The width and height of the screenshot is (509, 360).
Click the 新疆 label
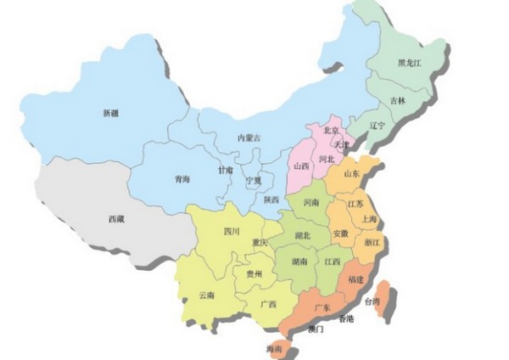point(110,112)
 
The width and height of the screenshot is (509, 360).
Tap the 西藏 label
point(115,219)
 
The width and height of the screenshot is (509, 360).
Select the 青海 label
point(182,179)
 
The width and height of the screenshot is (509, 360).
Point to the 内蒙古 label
point(249,138)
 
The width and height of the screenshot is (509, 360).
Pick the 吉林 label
point(398,100)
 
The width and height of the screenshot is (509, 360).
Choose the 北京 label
point(331,130)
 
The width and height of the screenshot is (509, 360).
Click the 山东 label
point(351,174)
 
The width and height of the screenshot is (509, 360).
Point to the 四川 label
point(232,231)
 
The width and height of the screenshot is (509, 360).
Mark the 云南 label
point(206,295)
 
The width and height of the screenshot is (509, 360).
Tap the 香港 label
point(345,318)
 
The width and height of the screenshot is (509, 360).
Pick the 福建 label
point(355,278)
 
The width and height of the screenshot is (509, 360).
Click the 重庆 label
point(260,243)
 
